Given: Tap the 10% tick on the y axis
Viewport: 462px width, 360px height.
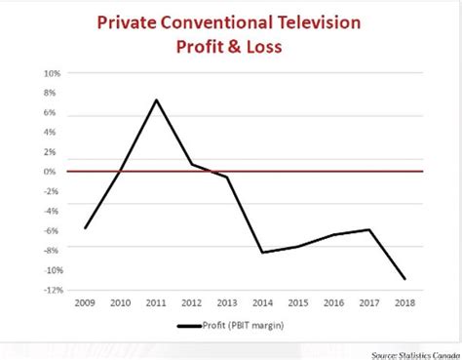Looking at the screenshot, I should [51, 73].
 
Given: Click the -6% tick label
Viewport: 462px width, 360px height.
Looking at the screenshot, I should [51, 231].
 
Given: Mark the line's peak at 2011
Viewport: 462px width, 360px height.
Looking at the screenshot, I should [156, 100].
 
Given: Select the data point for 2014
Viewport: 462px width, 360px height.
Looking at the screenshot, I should [261, 253].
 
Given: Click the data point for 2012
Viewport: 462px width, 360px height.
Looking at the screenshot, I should [192, 164].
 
